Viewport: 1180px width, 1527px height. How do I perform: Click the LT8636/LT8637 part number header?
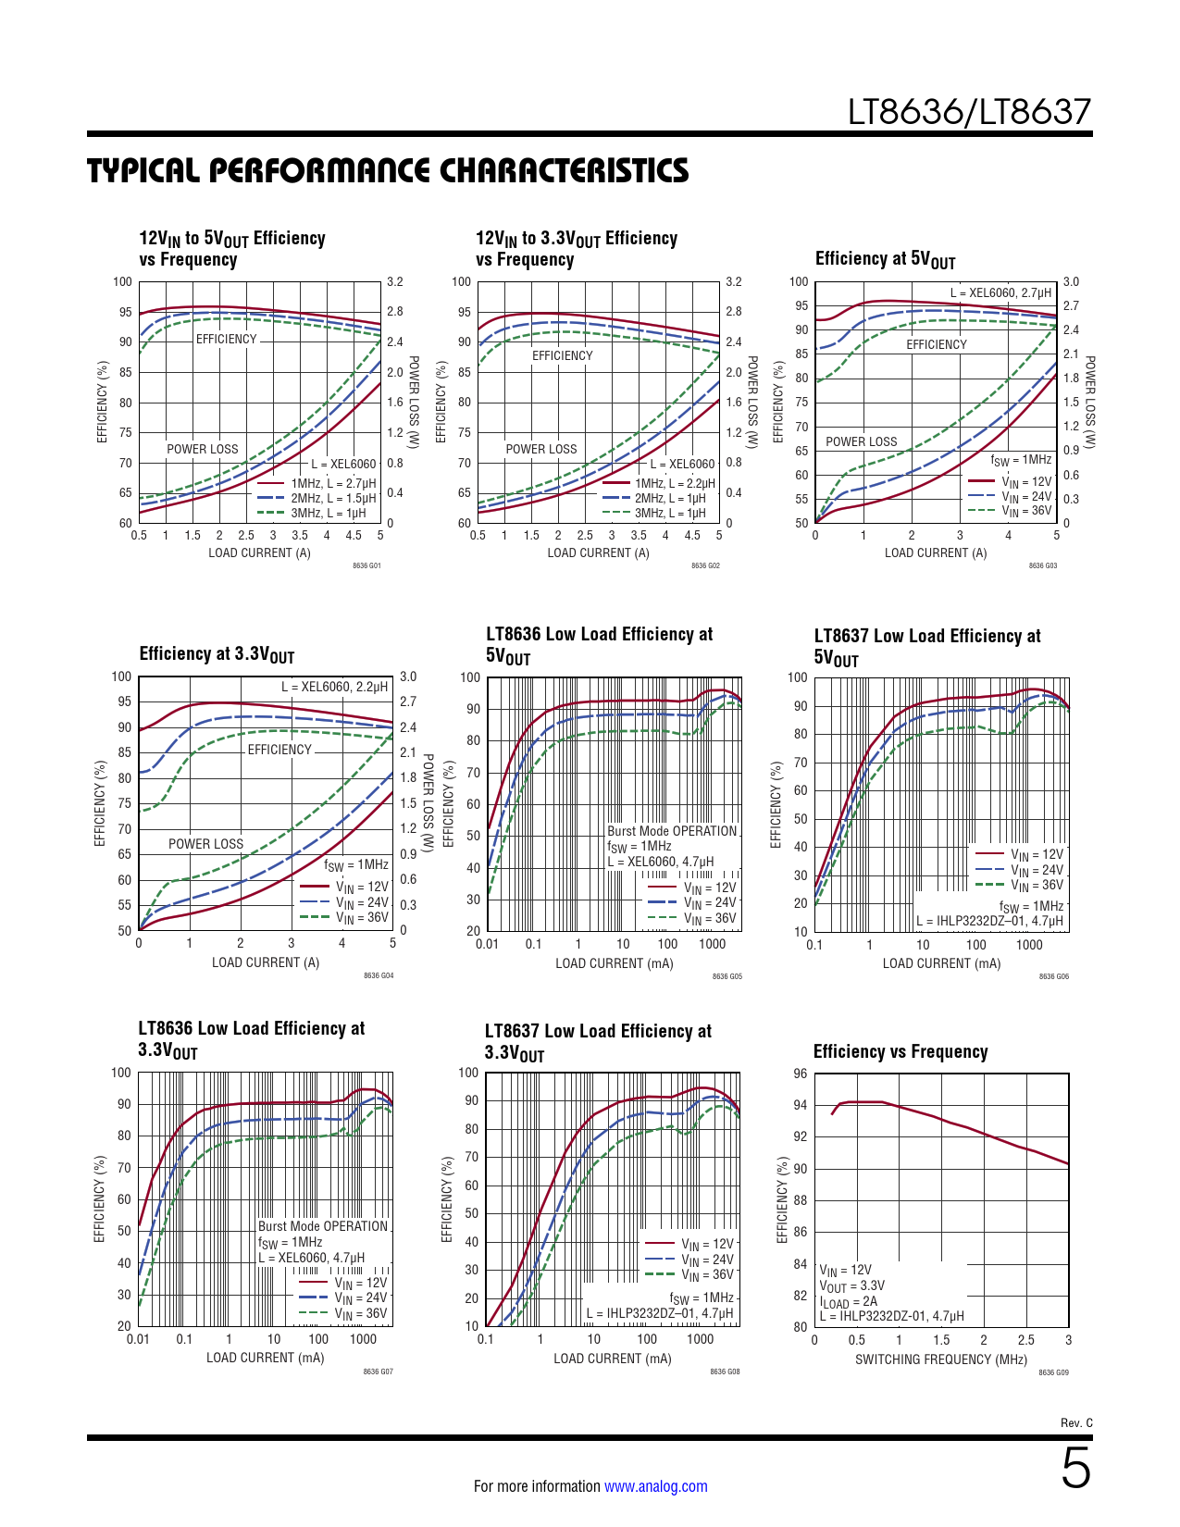969,112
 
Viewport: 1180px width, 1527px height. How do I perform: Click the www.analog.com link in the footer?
655,1486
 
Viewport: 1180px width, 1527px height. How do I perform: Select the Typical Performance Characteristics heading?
388,171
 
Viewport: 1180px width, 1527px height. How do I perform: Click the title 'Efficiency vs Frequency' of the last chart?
900,1051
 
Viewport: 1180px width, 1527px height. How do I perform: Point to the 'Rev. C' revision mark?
1075,1422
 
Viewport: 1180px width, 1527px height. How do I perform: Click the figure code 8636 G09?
1053,1372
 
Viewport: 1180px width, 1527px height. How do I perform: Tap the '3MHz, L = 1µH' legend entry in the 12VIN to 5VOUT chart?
328,513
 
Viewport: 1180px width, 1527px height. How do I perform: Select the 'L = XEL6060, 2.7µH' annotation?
1000,292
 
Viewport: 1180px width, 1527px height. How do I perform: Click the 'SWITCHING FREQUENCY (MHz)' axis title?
940,1359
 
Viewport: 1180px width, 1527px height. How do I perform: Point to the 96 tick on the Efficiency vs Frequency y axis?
800,1074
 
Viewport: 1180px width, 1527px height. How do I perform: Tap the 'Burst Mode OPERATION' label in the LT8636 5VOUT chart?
672,831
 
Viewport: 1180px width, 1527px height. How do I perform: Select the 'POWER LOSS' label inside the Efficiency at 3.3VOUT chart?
205,844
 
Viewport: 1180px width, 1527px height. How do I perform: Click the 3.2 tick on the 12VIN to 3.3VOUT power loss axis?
733,281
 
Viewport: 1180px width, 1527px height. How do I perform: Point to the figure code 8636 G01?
366,565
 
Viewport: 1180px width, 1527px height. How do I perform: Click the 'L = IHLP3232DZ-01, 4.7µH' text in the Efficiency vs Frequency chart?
891,1316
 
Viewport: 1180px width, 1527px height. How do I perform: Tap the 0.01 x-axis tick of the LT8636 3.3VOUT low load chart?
138,1339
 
